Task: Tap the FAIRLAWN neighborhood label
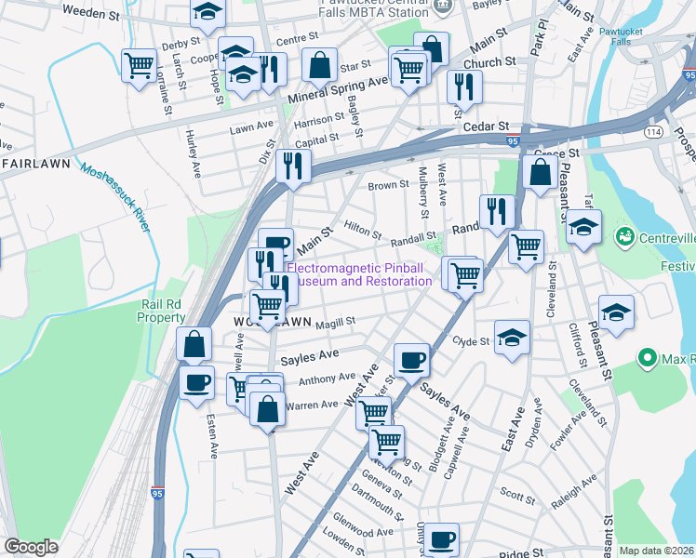tap(37, 163)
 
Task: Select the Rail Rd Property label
tap(149, 310)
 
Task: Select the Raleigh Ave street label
tap(573, 490)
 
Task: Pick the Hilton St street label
tap(362, 228)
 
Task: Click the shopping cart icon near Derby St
tap(139, 66)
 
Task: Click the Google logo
tap(32, 547)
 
